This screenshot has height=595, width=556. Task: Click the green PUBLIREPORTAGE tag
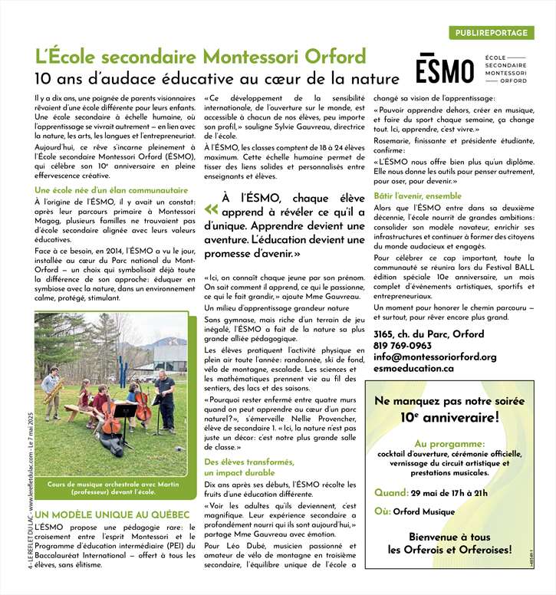tap(490, 33)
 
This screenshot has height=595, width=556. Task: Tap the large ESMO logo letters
tap(445, 70)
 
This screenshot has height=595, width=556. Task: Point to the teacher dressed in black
tap(164, 399)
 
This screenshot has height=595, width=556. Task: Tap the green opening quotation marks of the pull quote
tap(211, 208)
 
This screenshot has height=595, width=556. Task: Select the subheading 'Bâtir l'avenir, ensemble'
tap(417, 196)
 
